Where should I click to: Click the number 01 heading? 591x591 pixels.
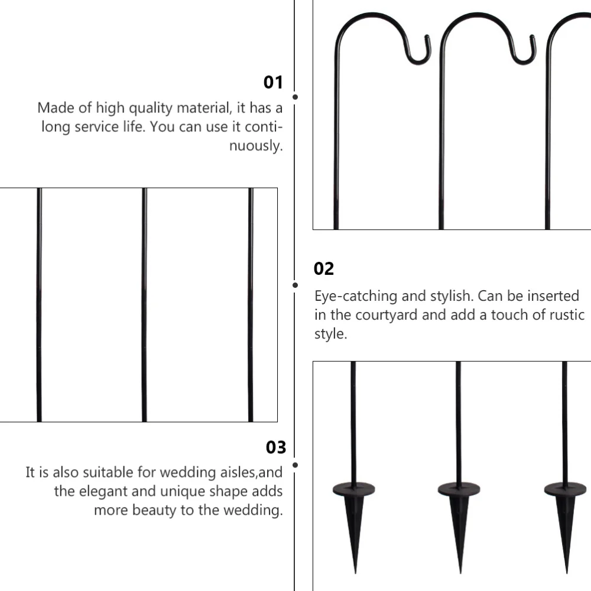coord(273,82)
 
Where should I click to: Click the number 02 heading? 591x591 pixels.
coord(323,269)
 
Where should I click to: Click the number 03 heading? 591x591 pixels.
coord(275,447)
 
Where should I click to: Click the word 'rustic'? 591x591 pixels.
coord(561,314)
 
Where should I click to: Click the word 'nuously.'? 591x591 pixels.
coord(256,146)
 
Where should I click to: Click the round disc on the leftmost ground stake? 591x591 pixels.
coord(353,489)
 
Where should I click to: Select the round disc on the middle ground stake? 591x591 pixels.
coord(459,489)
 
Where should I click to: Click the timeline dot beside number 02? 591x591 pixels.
coord(295,285)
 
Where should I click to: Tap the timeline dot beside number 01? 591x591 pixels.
coord(295,96)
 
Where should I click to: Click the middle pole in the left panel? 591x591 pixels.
coord(144,304)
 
